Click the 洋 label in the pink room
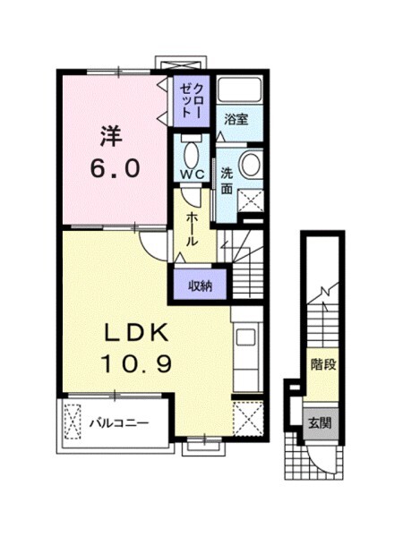coord(112,137)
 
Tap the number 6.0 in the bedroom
coord(115,168)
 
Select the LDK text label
coord(136,332)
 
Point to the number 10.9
coord(136,363)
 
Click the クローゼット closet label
coord(191,101)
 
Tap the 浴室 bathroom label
coord(236,120)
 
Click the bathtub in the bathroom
coord(240,89)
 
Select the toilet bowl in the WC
coord(191,153)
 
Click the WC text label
coord(193,175)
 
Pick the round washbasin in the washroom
coord(250,164)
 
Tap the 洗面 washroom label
coord(227,181)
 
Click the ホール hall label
coord(192,229)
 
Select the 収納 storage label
coord(201,286)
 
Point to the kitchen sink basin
coord(245,337)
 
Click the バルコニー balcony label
coord(119,423)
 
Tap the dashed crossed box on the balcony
coord(73,422)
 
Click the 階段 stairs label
coord(322,365)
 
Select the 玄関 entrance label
coord(320,423)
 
